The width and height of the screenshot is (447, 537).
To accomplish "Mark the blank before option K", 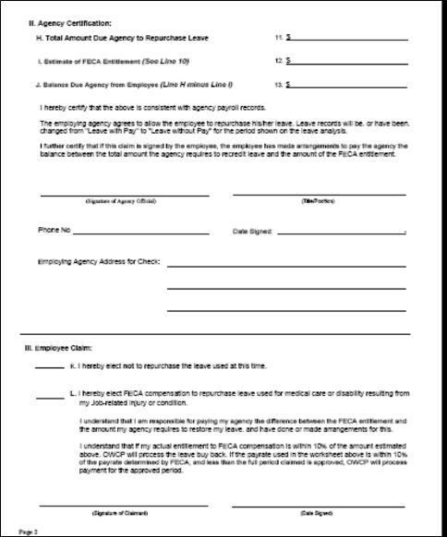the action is [x=50, y=367].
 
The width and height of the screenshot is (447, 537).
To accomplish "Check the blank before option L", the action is [x=50, y=396].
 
